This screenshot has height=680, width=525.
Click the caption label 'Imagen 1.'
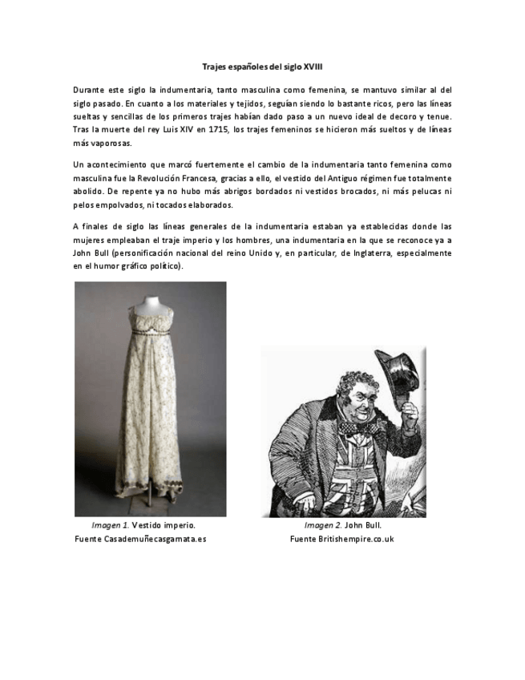click(111, 526)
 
